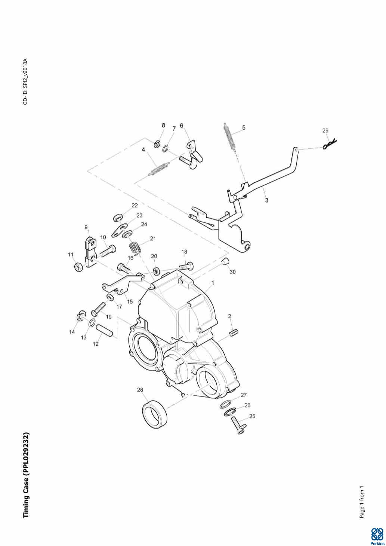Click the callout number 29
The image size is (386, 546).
click(325, 130)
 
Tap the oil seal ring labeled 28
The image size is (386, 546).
click(155, 414)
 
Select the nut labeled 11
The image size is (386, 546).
click(79, 267)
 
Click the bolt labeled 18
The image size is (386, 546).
click(186, 266)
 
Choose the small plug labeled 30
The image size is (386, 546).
click(224, 261)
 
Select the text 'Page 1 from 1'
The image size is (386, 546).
click(362, 502)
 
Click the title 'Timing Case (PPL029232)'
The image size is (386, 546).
click(26, 475)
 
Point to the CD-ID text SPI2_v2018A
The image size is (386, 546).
click(25, 81)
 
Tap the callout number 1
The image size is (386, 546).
click(213, 283)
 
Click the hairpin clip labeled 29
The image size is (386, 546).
click(330, 144)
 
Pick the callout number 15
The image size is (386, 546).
click(129, 302)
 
